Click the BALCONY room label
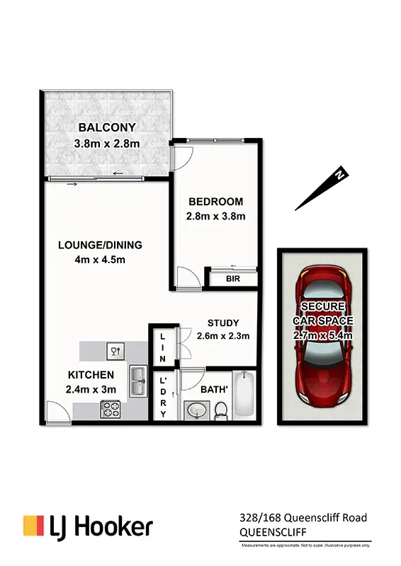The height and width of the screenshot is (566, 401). (x=107, y=128)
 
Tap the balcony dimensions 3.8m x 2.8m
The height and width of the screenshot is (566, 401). (x=107, y=144)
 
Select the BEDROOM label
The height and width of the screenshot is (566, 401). (x=215, y=202)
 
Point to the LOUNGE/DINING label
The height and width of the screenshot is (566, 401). (x=100, y=245)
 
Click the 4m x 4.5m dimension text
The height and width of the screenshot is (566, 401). (x=100, y=260)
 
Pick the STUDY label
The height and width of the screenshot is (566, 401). (x=223, y=323)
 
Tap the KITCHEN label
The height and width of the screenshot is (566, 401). (x=91, y=374)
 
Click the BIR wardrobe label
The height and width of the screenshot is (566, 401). (x=233, y=279)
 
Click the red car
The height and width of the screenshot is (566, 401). (x=322, y=333)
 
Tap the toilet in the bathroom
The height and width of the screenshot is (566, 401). (x=220, y=408)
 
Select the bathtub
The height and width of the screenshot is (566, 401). (x=243, y=394)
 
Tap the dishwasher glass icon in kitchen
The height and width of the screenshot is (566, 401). (x=115, y=350)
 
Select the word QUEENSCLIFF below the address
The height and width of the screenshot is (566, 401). (x=269, y=531)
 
